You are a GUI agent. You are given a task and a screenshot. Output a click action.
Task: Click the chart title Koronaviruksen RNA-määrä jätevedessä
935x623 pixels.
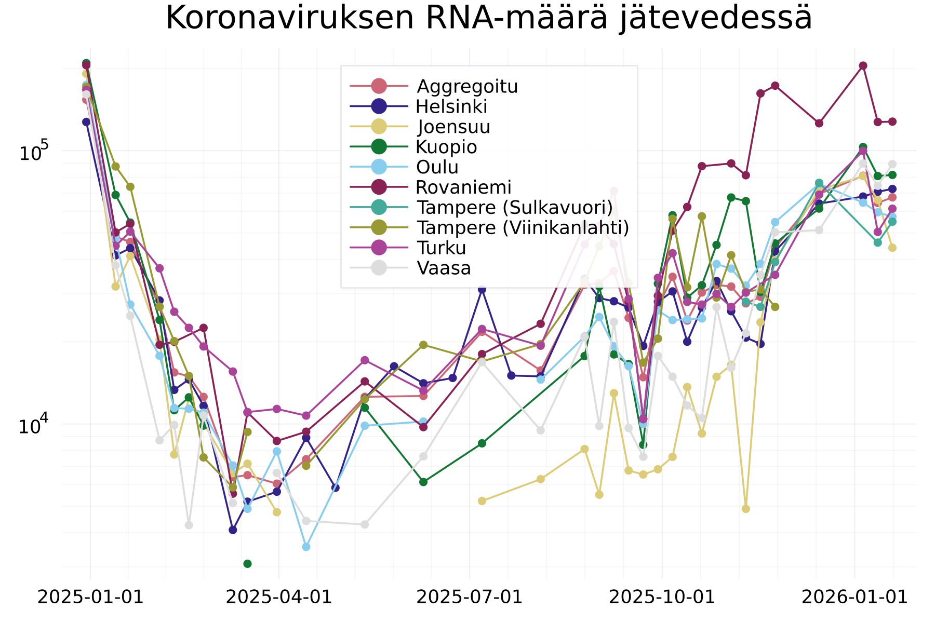488,19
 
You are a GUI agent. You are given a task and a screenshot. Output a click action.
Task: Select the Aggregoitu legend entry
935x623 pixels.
467,86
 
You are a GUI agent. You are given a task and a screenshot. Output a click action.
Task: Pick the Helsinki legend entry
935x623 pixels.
451,106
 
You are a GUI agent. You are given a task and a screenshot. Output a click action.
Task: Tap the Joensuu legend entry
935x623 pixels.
453,127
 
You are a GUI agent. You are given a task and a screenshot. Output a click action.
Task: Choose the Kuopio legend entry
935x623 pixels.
446,147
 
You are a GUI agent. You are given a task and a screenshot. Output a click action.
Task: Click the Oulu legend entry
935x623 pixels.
437,167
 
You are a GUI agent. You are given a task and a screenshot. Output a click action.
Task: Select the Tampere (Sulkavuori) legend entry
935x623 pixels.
514,207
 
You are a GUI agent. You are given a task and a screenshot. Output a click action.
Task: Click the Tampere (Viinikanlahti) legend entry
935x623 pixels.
523,227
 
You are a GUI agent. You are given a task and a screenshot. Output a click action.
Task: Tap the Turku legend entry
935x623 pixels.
441,248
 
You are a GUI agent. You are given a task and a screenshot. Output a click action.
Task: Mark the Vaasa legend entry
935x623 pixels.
444,268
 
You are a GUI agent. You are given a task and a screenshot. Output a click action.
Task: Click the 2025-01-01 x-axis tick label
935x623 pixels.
90,597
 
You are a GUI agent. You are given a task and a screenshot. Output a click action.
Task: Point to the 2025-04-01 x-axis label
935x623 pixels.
279,597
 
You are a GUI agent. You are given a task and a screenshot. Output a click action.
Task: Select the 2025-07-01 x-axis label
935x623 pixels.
470,597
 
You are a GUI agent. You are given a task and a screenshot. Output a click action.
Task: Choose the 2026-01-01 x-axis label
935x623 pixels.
854,597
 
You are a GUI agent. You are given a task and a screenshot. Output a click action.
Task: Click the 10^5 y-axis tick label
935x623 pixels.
33,152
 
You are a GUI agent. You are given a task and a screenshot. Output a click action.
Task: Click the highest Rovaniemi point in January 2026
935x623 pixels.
863,65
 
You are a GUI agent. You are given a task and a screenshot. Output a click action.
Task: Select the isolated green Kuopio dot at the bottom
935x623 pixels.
247,563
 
